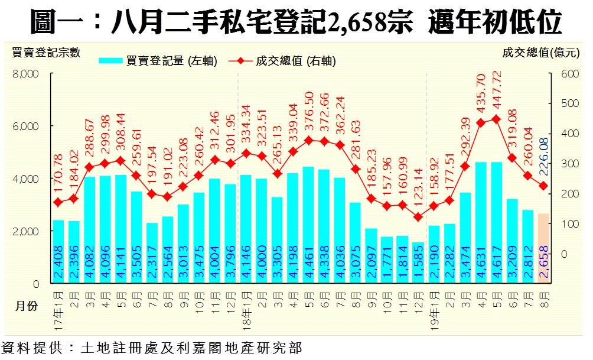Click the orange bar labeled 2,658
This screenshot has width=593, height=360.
543,248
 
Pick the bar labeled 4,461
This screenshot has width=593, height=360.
308,225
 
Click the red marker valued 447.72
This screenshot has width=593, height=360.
497,119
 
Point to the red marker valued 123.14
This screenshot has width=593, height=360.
418,217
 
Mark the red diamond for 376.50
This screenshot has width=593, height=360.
308,140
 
